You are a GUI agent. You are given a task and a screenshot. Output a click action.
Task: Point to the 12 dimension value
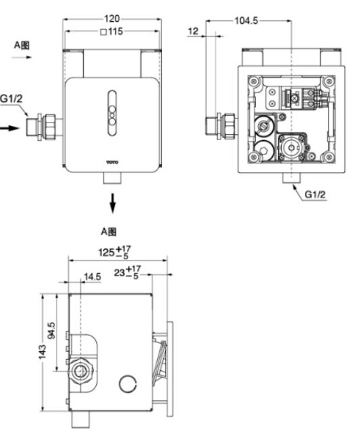point(193,31)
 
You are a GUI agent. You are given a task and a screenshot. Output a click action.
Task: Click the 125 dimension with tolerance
point(112,253)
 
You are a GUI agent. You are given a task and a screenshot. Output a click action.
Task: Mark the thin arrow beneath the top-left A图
point(22,60)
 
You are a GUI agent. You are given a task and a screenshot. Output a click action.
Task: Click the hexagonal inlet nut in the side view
point(82,372)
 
